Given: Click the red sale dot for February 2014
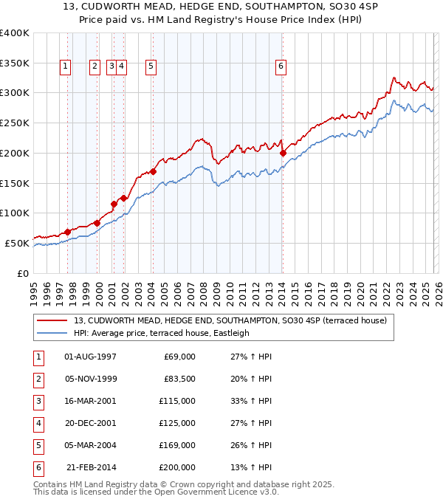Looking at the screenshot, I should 283,154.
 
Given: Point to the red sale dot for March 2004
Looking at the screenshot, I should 153,172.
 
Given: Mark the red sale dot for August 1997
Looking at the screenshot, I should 67,232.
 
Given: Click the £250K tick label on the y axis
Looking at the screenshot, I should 15,123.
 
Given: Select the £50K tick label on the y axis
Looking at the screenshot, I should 17,243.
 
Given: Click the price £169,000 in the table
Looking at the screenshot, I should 178,445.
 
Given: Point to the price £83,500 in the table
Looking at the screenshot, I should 180,379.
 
